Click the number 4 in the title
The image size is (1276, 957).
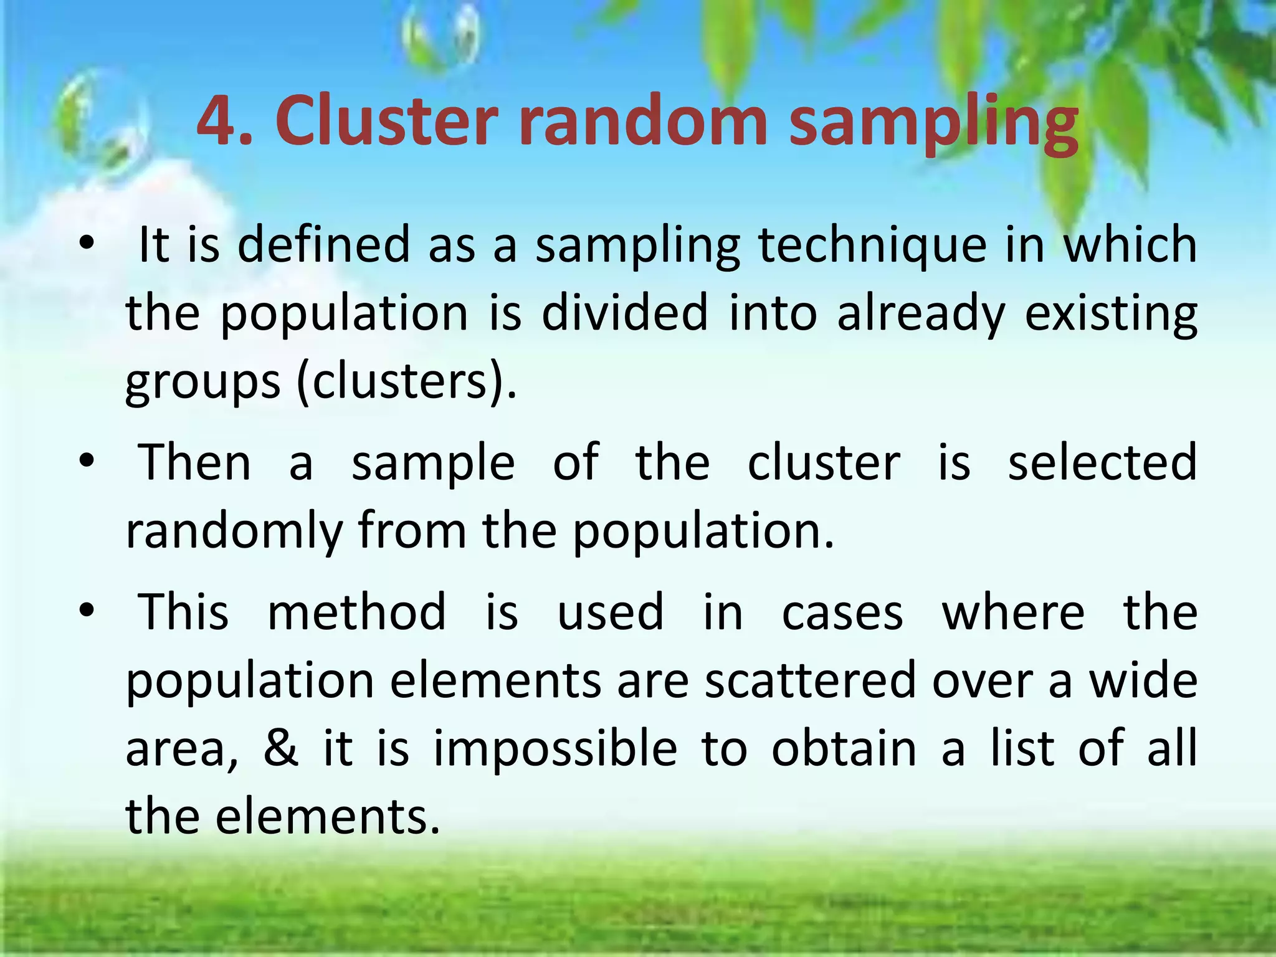pos(219,121)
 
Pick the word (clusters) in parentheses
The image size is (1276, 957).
pos(406,381)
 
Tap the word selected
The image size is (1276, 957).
pos(1102,462)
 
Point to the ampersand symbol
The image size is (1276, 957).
pos(281,748)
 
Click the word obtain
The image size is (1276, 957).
pos(844,748)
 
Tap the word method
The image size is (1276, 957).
pos(356,612)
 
